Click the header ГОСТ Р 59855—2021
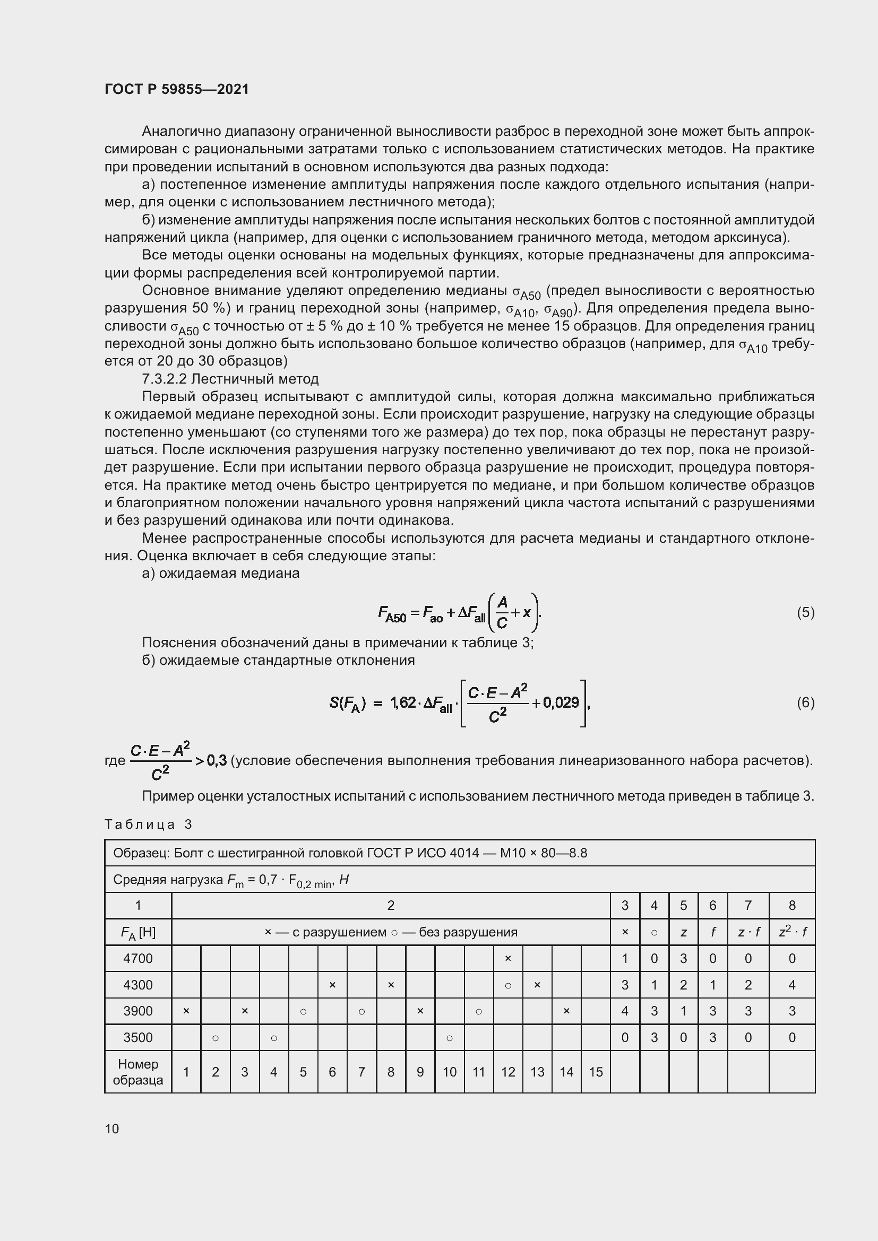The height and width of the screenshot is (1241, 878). (x=177, y=89)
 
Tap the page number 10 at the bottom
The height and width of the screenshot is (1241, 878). (x=112, y=1129)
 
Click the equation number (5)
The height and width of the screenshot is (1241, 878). (x=805, y=612)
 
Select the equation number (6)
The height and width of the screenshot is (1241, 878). (x=805, y=702)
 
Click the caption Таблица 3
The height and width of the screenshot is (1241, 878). (x=148, y=825)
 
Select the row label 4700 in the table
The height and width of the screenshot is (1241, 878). (x=138, y=958)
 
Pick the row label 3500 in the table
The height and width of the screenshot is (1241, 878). (x=138, y=1037)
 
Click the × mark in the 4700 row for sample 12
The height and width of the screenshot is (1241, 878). (x=507, y=958)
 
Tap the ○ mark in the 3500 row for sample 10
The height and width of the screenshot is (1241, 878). (x=449, y=1038)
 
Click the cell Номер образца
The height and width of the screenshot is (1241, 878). (x=138, y=1072)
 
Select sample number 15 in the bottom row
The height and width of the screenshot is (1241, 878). (x=595, y=1072)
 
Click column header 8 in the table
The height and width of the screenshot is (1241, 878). (x=791, y=905)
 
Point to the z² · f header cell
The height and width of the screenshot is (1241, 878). (x=791, y=931)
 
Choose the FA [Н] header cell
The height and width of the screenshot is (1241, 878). (x=138, y=932)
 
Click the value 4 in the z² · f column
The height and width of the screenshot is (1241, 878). (x=791, y=985)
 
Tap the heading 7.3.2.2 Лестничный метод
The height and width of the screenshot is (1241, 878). (x=230, y=379)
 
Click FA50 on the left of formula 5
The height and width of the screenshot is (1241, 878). (x=392, y=614)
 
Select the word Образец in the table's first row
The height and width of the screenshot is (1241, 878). (x=140, y=853)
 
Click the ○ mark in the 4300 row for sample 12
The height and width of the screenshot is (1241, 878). (x=507, y=985)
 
